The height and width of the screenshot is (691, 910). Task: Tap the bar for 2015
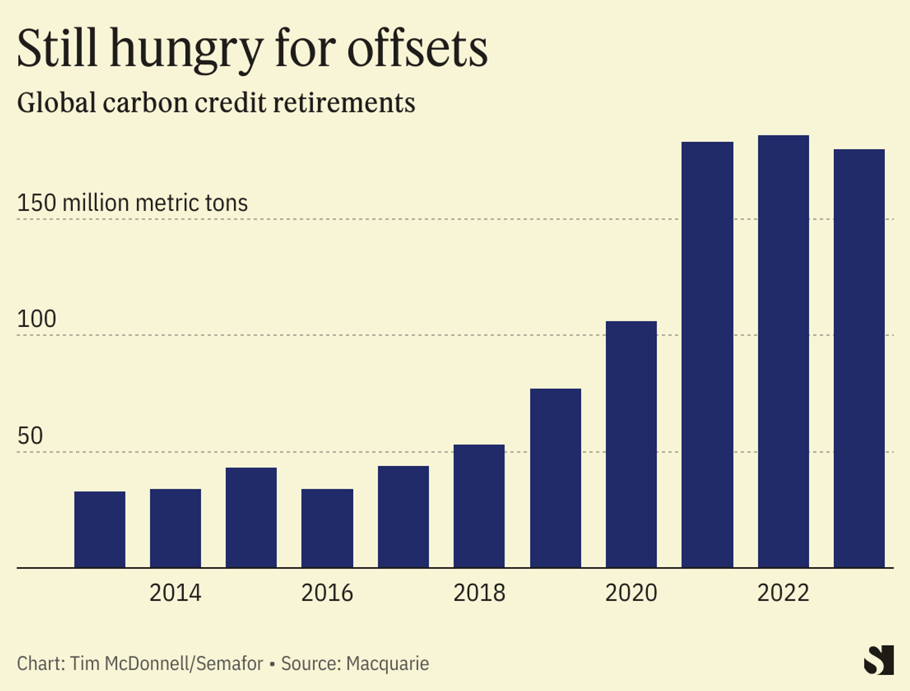[251, 518]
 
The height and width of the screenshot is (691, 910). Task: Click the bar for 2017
[403, 516]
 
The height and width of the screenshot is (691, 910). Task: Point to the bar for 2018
[479, 506]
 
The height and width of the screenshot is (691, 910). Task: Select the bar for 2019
[555, 478]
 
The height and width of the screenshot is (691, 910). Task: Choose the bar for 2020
[631, 444]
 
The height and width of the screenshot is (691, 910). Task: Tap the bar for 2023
[859, 358]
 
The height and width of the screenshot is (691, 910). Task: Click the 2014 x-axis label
[175, 593]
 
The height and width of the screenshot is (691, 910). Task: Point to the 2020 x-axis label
[631, 593]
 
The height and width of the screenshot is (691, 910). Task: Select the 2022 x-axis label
[783, 593]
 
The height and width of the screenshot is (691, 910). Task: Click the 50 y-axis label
[30, 436]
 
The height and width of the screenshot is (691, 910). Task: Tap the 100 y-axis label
[37, 319]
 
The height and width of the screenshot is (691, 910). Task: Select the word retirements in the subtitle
[344, 103]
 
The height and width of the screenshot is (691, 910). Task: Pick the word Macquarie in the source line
[387, 664]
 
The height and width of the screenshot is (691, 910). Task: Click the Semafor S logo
[879, 660]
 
